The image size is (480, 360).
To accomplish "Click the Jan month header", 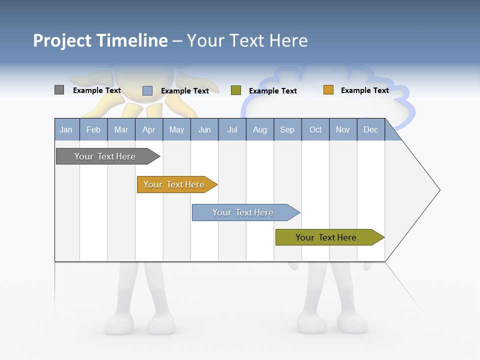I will [x=66, y=129].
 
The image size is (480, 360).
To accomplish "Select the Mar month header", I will [x=121, y=129].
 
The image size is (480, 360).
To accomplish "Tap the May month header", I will [x=176, y=129].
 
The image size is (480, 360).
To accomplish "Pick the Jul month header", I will [x=232, y=129].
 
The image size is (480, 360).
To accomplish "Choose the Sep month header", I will [x=287, y=129].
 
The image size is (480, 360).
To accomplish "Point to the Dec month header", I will [x=370, y=129].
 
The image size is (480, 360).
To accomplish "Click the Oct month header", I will [x=315, y=129].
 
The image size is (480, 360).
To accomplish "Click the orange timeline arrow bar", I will [x=175, y=184].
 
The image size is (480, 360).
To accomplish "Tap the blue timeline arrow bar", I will [x=244, y=212].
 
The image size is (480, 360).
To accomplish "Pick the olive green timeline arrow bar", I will [x=327, y=237].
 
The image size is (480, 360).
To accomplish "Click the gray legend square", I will [x=59, y=90].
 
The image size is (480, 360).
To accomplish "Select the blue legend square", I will [x=147, y=90].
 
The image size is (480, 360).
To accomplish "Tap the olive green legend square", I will [x=236, y=90].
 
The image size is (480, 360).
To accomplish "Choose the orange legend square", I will [x=328, y=90].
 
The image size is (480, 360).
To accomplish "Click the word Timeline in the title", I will [x=132, y=40].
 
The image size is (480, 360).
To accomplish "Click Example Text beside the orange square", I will [x=364, y=90].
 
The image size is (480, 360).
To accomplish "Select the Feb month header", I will [x=93, y=129].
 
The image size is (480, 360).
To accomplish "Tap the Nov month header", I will [x=343, y=129].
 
